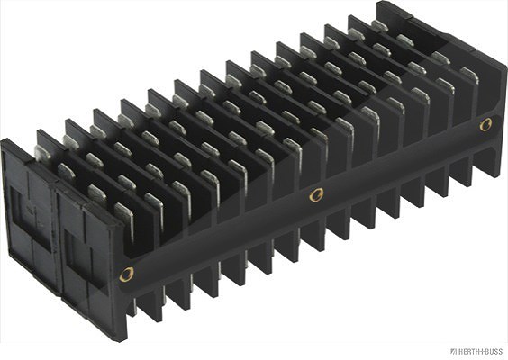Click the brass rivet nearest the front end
pos(126,274)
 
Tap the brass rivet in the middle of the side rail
pos(316,195)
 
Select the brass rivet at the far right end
pos(485,124)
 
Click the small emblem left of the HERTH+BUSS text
pos(454,351)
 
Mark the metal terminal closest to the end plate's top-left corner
pos(41,153)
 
